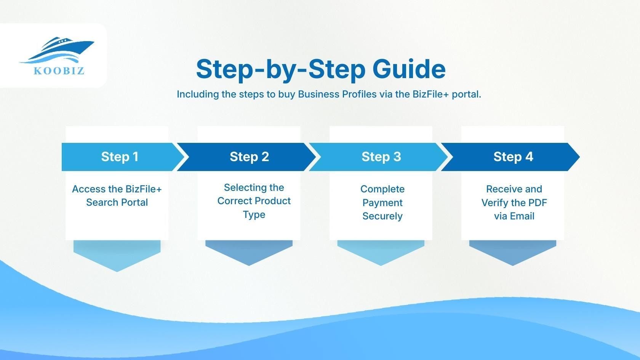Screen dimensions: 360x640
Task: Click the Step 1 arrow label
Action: [x=120, y=157]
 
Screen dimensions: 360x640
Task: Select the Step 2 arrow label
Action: [x=249, y=157]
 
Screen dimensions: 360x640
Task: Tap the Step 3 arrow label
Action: [x=381, y=157]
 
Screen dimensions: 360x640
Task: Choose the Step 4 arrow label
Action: [x=513, y=157]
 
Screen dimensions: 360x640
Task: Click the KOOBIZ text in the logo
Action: [x=59, y=71]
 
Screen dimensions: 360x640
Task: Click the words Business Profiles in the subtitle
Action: [x=337, y=94]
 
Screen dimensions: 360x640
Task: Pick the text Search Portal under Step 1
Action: [x=117, y=202]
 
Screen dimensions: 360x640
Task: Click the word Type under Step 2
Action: [x=254, y=214]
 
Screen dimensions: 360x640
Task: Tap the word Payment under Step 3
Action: [x=382, y=203]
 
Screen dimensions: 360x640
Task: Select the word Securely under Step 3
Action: [x=382, y=216]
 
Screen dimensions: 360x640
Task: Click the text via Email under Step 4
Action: [x=514, y=216]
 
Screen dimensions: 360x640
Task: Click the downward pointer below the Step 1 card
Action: [x=117, y=255]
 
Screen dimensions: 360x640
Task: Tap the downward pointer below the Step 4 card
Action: [x=513, y=252]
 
